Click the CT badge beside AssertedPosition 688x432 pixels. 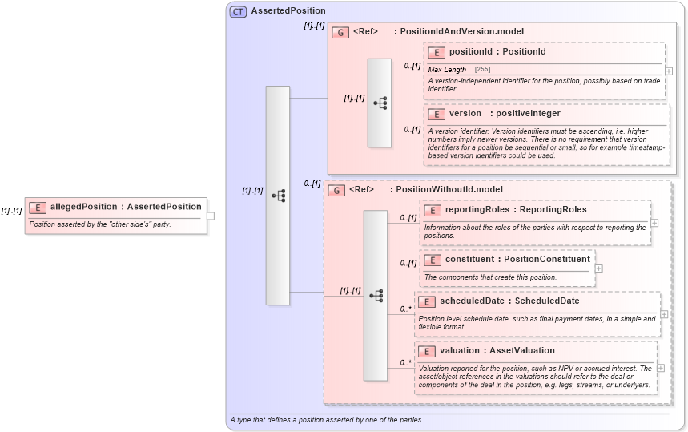[x=238, y=11]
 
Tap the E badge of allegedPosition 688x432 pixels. [x=37, y=207]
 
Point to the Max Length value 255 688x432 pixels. [x=482, y=70]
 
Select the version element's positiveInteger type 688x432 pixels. [x=527, y=114]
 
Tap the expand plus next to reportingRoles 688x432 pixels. [x=654, y=223]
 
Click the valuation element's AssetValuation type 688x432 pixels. [x=524, y=351]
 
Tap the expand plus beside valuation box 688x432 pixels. [x=660, y=368]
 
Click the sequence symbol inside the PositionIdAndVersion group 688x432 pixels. [x=380, y=103]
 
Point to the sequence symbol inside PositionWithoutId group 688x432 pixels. [x=376, y=296]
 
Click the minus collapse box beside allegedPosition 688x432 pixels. [x=210, y=215]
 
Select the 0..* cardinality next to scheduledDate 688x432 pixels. [x=406, y=309]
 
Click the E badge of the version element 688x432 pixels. [x=437, y=114]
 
